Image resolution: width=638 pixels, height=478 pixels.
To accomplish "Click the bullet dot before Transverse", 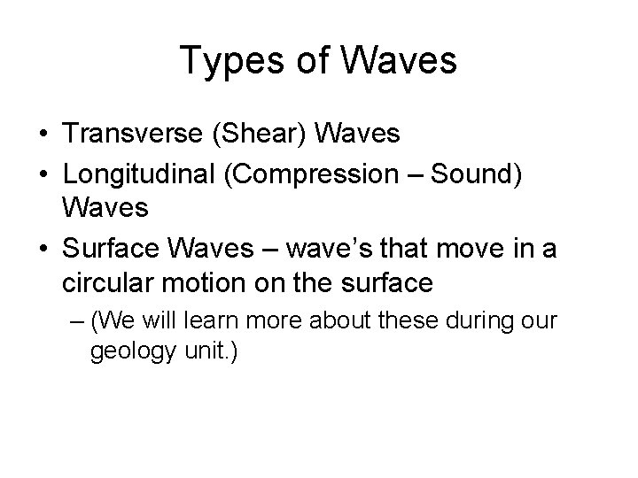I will click(43, 135).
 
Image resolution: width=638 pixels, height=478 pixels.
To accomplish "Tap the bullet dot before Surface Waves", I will click(43, 250).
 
